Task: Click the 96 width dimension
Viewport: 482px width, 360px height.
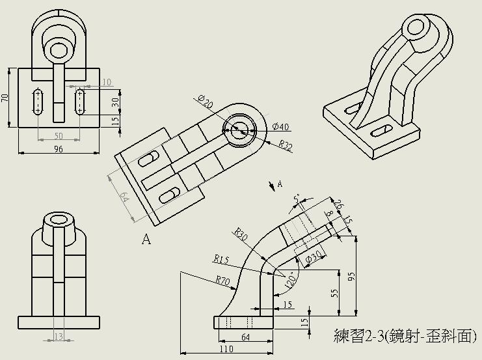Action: pos(59,149)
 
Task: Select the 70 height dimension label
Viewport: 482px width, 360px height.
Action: pos(5,98)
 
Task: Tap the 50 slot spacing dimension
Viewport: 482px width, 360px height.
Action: pos(59,135)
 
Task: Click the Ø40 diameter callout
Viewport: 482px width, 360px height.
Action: pos(281,126)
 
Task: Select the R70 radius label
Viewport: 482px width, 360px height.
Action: pos(223,280)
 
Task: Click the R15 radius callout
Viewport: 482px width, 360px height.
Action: pos(222,259)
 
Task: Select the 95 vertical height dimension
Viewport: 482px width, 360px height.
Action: pos(352,276)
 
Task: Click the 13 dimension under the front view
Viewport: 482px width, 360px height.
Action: pos(59,337)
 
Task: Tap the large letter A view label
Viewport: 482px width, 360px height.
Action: pos(146,240)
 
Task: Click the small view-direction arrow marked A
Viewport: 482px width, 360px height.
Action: pos(273,186)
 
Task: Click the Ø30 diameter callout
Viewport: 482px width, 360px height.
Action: pos(313,258)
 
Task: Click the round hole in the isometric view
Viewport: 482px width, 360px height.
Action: pos(415,28)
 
